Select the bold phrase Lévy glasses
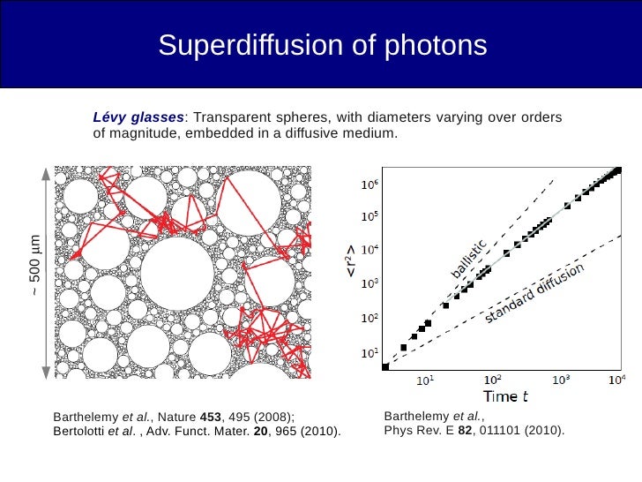coord(139,117)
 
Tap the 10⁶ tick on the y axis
coord(370,185)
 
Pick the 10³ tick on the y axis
coord(370,284)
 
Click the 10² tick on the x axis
coord(491,380)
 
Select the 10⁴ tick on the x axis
coord(616,380)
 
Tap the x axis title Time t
coord(504,397)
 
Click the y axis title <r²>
coord(351,267)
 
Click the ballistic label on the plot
coord(469,258)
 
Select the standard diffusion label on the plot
coord(534,293)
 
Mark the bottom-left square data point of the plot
coord(384,366)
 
